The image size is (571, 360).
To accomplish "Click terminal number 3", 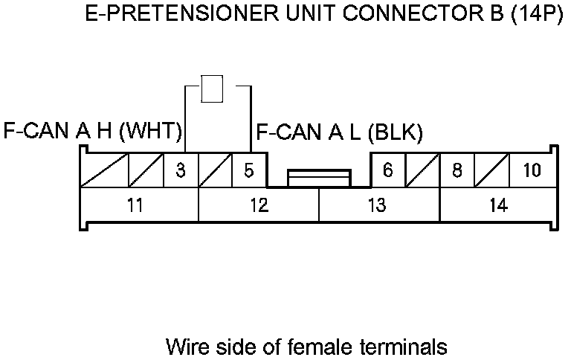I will coord(181,171).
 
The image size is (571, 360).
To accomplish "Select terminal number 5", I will coord(249,171).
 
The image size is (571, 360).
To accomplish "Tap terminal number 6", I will coord(387,170).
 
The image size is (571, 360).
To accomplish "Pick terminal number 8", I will coord(457,170).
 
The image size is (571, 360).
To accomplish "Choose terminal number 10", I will coord(531,170).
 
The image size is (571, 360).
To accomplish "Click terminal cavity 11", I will coord(135,206).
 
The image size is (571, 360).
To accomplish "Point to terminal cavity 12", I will coord(258,206).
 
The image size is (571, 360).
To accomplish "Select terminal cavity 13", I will coord(378,206).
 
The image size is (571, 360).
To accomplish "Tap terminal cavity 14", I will coord(499,206).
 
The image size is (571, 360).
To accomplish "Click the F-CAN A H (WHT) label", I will coord(92,132).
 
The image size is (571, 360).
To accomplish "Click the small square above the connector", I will coord(213,89).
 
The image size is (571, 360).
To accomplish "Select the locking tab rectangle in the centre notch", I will coord(319,178).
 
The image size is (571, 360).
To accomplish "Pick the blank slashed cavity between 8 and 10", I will coord(492,171).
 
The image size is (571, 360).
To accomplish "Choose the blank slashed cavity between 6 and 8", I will coord(422,171).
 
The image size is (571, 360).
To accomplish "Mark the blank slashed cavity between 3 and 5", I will coord(216,171).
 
